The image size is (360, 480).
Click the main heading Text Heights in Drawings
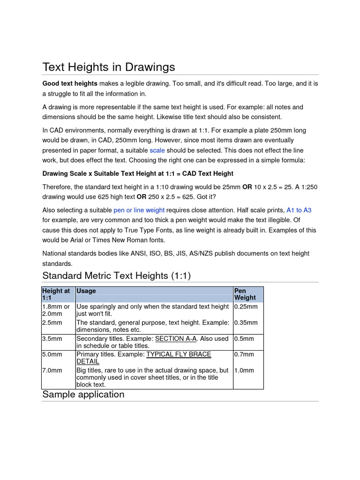[108, 67]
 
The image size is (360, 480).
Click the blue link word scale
[157, 150]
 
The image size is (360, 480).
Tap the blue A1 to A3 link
[299, 210]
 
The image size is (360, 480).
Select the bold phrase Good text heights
[70, 83]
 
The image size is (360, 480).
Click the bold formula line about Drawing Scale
[138, 173]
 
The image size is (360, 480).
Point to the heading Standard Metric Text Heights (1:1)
[116, 276]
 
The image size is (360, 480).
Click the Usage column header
[86, 291]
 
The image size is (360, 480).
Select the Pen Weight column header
[245, 294]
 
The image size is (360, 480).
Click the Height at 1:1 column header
[56, 294]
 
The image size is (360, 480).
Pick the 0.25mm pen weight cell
[246, 307]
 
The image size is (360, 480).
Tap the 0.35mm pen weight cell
[246, 323]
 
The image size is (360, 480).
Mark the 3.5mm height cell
[52, 339]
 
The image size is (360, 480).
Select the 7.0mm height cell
[52, 370]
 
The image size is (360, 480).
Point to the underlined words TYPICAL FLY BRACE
[179, 355]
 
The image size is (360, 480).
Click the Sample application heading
[83, 394]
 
